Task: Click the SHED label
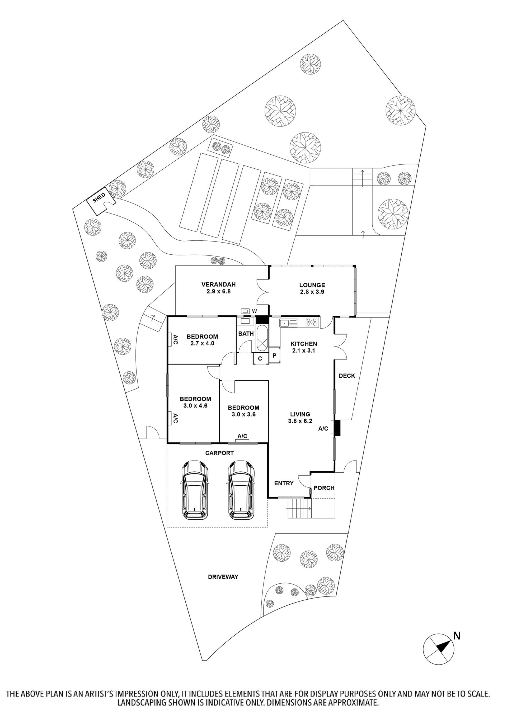(x=99, y=198)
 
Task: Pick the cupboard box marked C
(x=260, y=359)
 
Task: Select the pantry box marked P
(x=274, y=356)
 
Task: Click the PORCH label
(x=324, y=488)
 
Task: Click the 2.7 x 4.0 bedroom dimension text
(x=202, y=343)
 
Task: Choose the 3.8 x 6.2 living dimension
(x=300, y=421)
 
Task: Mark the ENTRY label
(x=284, y=483)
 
